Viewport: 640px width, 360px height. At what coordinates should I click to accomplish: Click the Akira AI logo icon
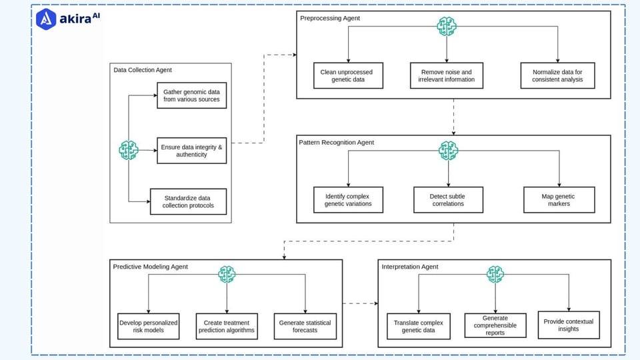[46, 19]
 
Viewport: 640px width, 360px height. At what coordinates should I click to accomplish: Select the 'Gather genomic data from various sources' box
[191, 95]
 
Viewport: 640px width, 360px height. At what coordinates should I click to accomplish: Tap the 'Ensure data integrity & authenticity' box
[191, 150]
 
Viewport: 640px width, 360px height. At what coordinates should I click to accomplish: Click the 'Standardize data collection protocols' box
[189, 201]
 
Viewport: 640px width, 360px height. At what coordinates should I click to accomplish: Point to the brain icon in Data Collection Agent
[128, 150]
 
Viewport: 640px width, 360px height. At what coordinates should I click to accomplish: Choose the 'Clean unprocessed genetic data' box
[348, 75]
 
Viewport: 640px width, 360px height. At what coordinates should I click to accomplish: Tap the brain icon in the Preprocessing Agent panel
[446, 27]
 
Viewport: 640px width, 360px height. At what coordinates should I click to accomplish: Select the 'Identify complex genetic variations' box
[348, 200]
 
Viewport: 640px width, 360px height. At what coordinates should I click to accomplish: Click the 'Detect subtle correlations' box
[447, 200]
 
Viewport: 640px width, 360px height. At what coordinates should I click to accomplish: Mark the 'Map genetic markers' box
[559, 200]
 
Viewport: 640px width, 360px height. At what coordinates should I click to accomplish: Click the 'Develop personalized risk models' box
[148, 326]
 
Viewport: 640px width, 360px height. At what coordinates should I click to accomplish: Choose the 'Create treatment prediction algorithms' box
[227, 326]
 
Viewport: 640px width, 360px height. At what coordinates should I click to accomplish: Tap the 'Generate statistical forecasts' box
[305, 326]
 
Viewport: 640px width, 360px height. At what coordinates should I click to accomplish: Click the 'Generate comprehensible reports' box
[494, 326]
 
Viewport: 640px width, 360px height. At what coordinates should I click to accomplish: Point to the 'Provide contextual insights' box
[569, 325]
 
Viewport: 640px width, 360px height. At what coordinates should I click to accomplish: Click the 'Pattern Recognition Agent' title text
[337, 143]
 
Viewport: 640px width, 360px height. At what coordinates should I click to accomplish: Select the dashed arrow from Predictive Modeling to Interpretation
[360, 303]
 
